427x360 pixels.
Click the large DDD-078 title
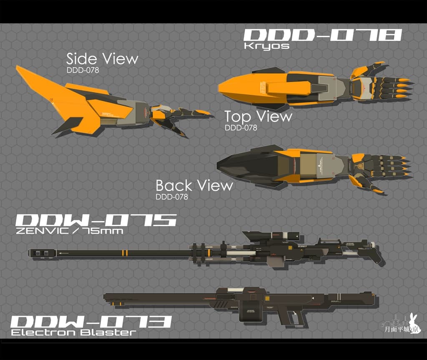(x=323, y=35)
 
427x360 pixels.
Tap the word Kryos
(x=266, y=46)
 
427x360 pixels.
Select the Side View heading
(x=102, y=59)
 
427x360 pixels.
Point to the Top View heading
(x=258, y=116)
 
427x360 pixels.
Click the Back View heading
(x=194, y=185)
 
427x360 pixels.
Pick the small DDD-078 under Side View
(x=83, y=70)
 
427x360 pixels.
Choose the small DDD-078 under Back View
(x=171, y=196)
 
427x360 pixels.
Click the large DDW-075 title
(x=96, y=221)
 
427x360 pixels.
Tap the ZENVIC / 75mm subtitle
(x=69, y=231)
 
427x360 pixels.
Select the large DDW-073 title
(x=91, y=322)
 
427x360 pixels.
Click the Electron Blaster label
(x=73, y=332)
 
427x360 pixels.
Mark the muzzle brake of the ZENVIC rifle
(x=42, y=252)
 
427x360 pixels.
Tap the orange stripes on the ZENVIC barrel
(x=124, y=253)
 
